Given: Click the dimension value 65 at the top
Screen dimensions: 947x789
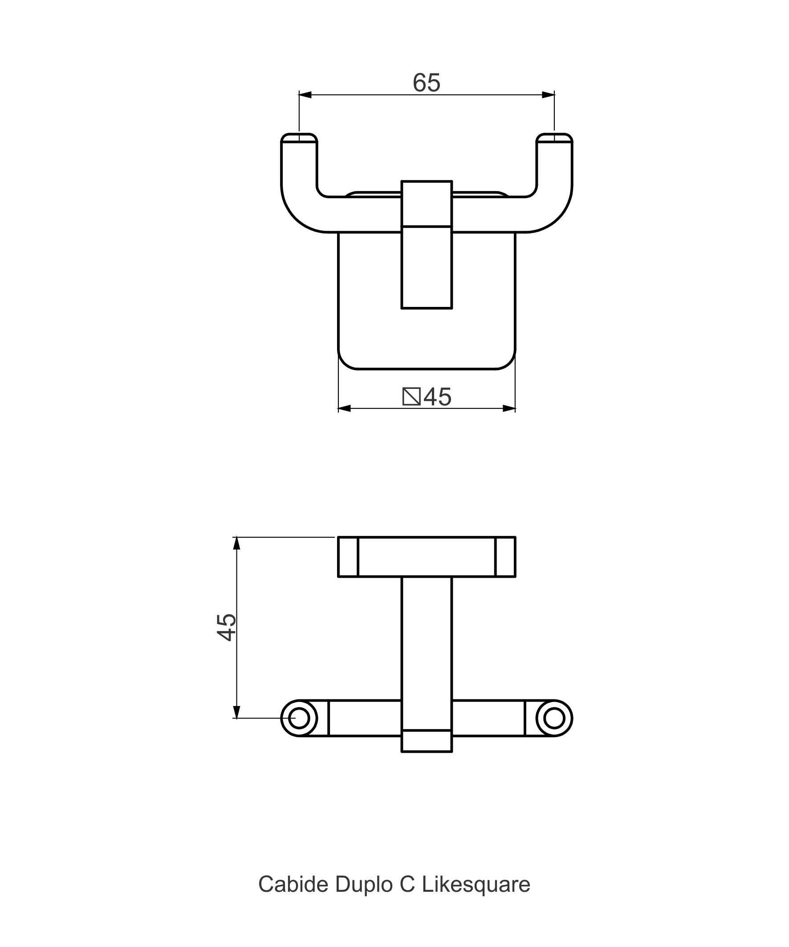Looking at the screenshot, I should pyautogui.click(x=426, y=83).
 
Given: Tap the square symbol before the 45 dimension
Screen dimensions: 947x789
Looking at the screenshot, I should pyautogui.click(x=411, y=396).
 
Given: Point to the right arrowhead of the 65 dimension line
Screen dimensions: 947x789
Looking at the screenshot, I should pyautogui.click(x=548, y=95).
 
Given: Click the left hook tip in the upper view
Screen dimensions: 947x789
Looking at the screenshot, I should pyautogui.click(x=299, y=138).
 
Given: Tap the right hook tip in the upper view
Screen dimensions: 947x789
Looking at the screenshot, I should pyautogui.click(x=554, y=138).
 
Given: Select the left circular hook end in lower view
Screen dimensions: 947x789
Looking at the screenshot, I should pyautogui.click(x=299, y=718).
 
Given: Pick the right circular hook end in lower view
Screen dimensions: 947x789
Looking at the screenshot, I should pyautogui.click(x=554, y=718).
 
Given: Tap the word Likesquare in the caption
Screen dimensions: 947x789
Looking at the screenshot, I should pyautogui.click(x=476, y=885).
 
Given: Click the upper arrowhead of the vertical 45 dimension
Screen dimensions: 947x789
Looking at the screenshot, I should pyautogui.click(x=236, y=543).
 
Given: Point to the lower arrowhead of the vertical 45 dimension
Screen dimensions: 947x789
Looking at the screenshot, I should pyautogui.click(x=236, y=712).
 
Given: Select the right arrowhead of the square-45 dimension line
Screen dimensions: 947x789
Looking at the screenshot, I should pyautogui.click(x=509, y=408).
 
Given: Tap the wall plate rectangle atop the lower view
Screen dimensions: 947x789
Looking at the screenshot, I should pyautogui.click(x=427, y=557).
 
